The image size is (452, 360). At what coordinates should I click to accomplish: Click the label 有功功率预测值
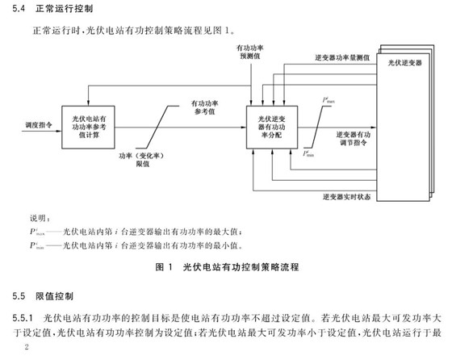249,53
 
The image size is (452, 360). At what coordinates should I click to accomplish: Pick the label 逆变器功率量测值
341,59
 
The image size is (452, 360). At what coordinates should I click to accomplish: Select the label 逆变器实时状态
346,195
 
